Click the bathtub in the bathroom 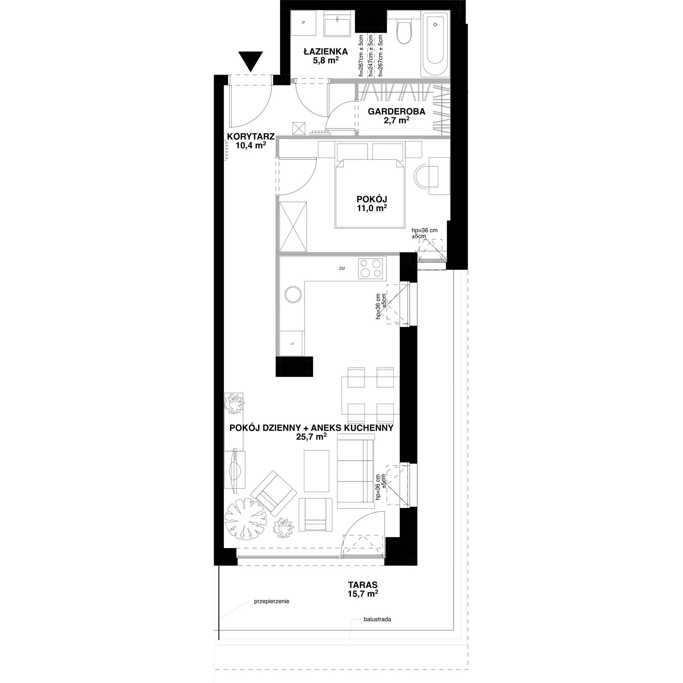click(435, 43)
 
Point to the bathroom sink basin click(338, 23)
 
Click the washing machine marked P click(303, 23)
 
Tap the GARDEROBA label click(396, 112)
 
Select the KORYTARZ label click(251, 137)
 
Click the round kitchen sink click(293, 294)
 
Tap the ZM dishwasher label click(341, 268)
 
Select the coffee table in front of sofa click(317, 471)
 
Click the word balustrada click(377, 619)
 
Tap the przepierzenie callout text click(271, 601)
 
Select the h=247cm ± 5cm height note click(371, 56)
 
